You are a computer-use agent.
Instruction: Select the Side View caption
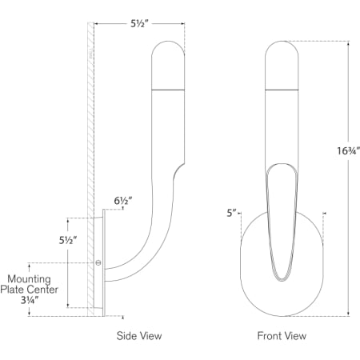point(139,336)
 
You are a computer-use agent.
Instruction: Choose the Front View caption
point(282,336)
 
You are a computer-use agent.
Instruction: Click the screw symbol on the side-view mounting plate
point(99,262)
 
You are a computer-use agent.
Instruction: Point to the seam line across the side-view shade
point(166,89)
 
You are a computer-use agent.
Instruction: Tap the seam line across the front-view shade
point(282,89)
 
